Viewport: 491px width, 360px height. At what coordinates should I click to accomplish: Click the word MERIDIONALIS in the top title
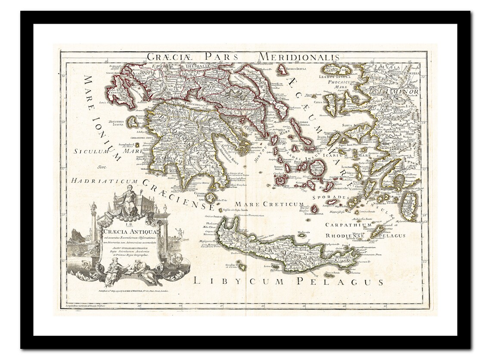click(x=298, y=57)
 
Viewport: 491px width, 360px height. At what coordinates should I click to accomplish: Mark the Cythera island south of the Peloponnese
click(x=210, y=198)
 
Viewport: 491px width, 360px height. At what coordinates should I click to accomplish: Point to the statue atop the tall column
click(x=92, y=208)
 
